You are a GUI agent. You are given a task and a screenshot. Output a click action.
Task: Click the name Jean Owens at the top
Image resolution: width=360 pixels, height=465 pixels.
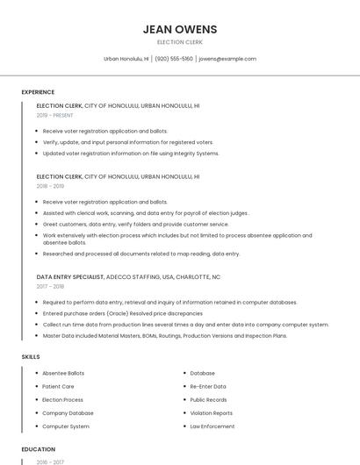coord(180,29)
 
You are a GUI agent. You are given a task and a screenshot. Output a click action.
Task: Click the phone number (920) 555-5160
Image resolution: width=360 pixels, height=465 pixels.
coord(175,59)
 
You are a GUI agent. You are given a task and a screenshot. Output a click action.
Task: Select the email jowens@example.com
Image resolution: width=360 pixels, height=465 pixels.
coord(227,59)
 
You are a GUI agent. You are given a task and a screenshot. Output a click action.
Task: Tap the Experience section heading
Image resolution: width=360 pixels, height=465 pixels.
coord(38,92)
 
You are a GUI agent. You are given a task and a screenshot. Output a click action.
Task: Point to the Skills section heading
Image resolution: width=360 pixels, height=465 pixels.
coord(31,357)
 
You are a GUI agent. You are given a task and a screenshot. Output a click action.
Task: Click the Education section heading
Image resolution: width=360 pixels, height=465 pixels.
coord(38,449)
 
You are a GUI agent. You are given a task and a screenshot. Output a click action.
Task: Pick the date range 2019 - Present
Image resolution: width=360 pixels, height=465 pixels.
coord(54,115)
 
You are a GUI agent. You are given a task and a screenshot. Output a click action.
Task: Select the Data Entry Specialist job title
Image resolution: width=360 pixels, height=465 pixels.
coord(70,276)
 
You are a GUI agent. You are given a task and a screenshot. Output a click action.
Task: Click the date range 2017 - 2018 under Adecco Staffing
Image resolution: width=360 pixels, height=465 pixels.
coord(50,286)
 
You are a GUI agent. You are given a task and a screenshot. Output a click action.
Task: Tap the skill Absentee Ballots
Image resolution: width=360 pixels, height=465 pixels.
coord(63,373)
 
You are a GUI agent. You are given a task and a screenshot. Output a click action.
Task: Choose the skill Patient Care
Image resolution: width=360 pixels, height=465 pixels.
coord(58,386)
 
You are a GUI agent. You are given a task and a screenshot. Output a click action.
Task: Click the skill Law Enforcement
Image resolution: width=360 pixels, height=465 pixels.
coord(212,426)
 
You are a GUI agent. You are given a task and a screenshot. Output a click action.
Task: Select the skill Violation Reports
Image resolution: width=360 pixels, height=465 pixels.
coord(211,413)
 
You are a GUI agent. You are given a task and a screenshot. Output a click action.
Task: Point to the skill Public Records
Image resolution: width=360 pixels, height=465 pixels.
coord(209,399)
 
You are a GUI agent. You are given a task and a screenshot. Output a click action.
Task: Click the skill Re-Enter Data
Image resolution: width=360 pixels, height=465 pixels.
coord(208,386)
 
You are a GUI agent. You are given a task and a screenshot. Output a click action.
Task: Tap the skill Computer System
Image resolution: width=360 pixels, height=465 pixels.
coord(66,426)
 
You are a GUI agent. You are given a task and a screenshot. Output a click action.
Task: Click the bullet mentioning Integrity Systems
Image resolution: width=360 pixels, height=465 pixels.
coord(131,154)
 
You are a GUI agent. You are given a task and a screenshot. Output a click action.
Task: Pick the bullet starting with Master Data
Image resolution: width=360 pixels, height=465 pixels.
coord(164,335)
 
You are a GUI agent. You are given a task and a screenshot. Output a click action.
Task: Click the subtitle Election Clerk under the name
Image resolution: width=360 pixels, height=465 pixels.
coord(180,42)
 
